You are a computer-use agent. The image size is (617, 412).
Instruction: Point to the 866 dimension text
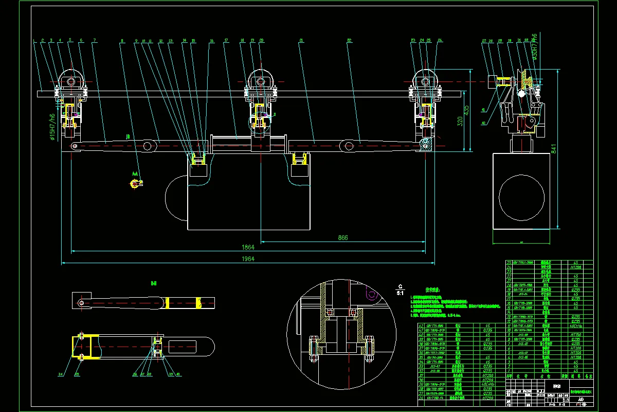pyautogui.click(x=343, y=237)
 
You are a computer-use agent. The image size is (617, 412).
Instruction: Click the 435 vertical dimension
pyautogui.click(x=466, y=110)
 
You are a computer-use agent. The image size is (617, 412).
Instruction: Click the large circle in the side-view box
pyautogui.click(x=522, y=197)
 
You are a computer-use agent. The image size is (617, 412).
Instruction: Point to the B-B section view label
pyautogui.click(x=153, y=283)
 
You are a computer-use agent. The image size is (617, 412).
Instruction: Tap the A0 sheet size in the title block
pyautogui.click(x=580, y=399)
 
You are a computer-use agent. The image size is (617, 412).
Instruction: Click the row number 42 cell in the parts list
pyautogui.click(x=422, y=326)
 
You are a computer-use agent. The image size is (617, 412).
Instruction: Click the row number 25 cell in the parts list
pyautogui.click(x=510, y=263)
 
